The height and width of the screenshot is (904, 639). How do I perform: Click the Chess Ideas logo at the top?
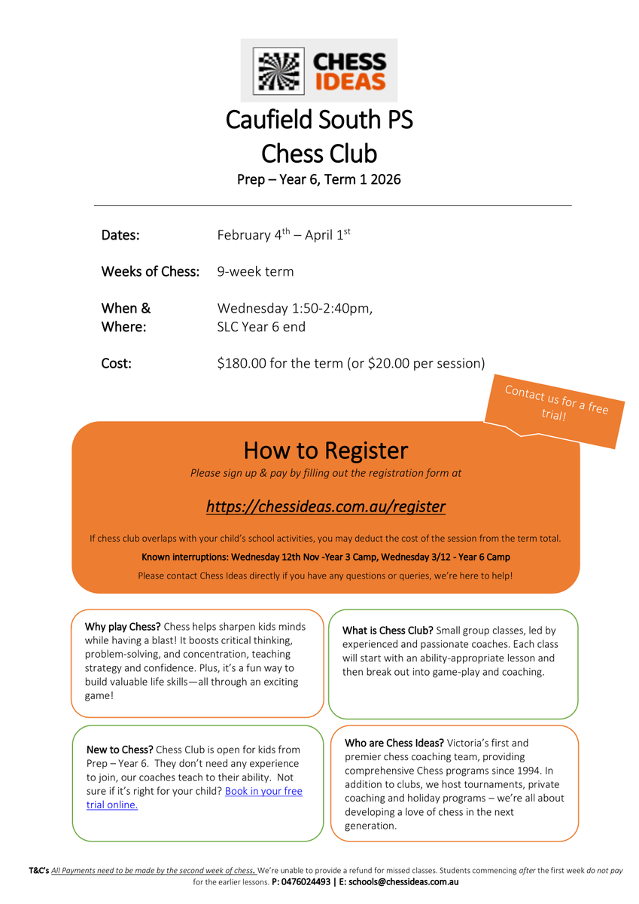click(319, 71)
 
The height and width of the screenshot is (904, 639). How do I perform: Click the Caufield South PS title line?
click(319, 120)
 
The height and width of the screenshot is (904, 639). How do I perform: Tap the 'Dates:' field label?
click(120, 235)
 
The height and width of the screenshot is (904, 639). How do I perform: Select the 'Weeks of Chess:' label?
click(151, 271)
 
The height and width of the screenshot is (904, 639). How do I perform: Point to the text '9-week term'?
click(255, 271)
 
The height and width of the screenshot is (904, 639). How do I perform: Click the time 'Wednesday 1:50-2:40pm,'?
click(294, 308)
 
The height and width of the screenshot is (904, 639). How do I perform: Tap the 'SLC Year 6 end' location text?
click(261, 328)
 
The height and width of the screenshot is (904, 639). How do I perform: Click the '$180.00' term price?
click(241, 363)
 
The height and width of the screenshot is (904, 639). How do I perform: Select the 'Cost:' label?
click(117, 363)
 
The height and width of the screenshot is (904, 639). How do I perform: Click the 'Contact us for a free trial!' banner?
click(555, 403)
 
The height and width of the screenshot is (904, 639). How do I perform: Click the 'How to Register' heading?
click(325, 450)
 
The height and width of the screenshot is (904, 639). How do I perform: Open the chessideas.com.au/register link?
click(325, 506)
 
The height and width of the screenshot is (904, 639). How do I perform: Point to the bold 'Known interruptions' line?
click(325, 557)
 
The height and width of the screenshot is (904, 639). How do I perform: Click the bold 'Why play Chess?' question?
click(123, 627)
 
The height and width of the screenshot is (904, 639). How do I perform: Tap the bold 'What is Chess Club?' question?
click(387, 631)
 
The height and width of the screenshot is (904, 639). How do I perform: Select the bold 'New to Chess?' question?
click(120, 750)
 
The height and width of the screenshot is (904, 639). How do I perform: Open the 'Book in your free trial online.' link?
click(263, 791)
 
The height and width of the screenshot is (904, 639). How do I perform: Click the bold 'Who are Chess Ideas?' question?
click(394, 743)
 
